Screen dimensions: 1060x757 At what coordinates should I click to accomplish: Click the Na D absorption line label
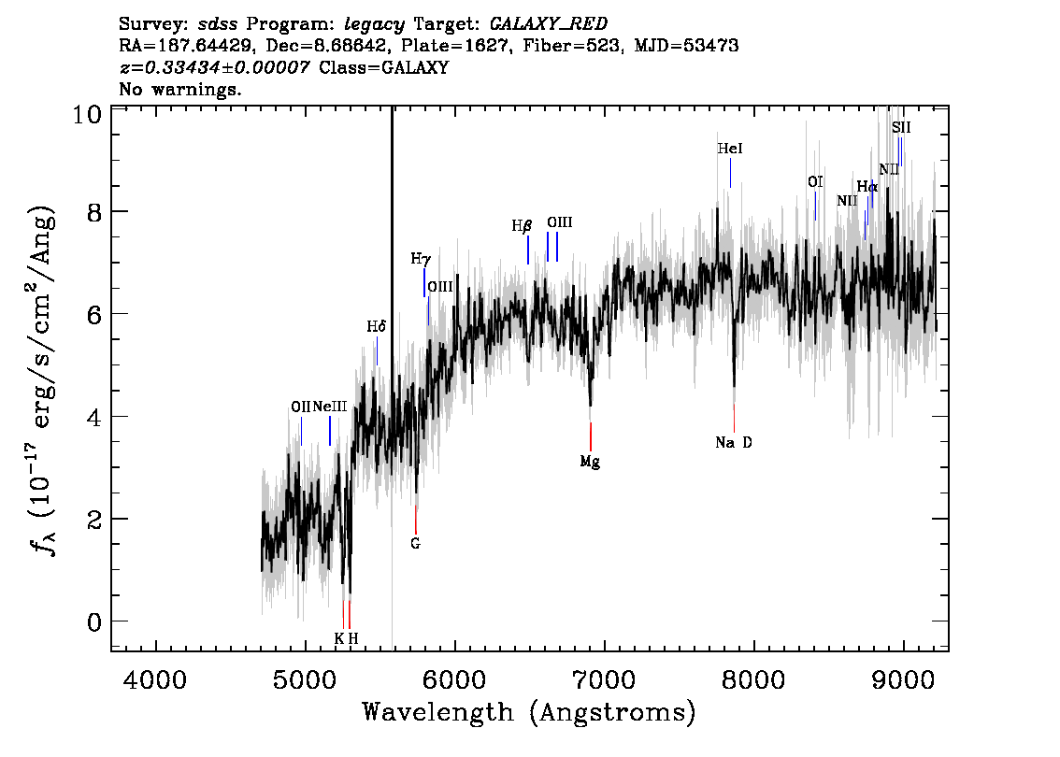pos(734,443)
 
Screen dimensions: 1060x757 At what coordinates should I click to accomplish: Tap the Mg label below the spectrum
pos(590,463)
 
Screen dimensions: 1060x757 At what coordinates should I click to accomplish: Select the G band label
pos(415,543)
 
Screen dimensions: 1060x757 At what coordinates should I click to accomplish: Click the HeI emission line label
pos(730,149)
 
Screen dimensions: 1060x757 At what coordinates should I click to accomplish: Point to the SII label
pos(901,128)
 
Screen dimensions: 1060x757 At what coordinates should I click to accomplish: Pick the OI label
pos(815,182)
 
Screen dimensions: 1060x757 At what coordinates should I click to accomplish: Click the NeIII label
pos(330,407)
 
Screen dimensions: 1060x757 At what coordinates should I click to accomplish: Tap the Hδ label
pos(377,327)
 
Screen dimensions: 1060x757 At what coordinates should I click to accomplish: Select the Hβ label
pos(522,226)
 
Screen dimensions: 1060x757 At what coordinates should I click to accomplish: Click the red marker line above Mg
pos(591,436)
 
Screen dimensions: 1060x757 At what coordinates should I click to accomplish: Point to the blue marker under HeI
pos(730,174)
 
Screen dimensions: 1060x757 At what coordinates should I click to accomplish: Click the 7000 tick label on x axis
pos(604,679)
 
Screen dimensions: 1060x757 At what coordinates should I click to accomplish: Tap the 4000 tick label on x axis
pos(155,679)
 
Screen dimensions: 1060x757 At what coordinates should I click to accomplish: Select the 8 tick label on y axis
pos(94,212)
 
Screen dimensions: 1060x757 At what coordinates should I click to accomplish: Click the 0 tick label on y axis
pos(94,621)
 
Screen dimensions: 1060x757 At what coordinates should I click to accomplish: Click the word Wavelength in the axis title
pos(438,712)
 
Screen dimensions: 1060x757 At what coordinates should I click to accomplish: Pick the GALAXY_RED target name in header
pos(549,24)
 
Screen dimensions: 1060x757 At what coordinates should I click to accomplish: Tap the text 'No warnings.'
pos(180,89)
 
